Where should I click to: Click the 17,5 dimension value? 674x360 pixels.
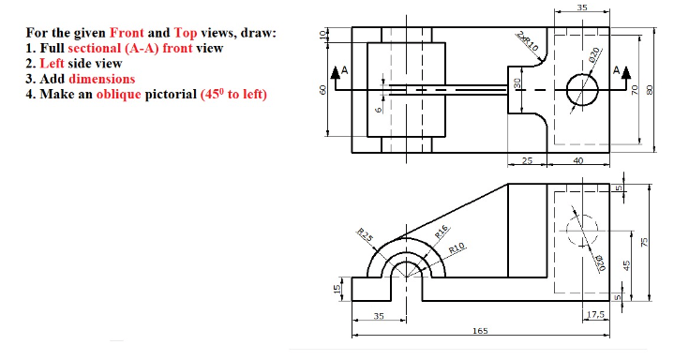594,314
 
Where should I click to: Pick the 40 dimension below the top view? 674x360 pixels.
577,161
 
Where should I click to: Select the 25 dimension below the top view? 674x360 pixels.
527,161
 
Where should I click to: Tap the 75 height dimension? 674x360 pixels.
644,242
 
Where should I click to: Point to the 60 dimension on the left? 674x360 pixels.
324,90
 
